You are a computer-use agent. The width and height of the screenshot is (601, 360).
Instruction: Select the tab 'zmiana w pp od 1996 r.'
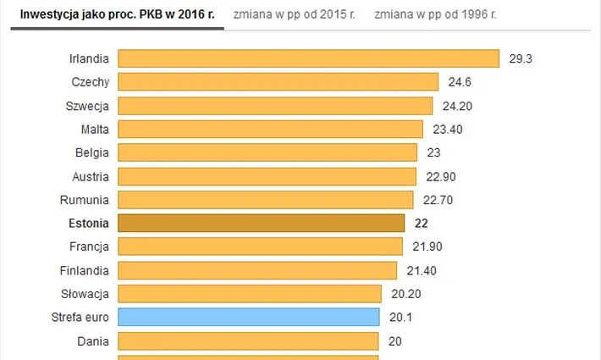point(436,14)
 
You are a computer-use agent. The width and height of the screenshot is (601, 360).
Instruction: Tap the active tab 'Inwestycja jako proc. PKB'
point(117,14)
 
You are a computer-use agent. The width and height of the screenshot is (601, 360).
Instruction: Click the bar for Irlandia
point(308,58)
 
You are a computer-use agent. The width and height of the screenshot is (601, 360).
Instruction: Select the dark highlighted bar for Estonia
point(261,223)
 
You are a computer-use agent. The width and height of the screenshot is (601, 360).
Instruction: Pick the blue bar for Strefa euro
point(248,318)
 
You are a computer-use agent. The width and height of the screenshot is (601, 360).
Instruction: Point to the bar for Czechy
point(278,82)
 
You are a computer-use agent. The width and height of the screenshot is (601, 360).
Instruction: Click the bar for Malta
point(270,129)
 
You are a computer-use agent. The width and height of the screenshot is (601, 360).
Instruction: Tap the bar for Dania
point(247,341)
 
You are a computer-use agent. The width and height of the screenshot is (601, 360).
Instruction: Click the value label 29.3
point(520,58)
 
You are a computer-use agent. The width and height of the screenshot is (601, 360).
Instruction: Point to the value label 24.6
point(460,82)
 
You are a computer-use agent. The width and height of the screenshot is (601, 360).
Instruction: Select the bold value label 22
point(420,223)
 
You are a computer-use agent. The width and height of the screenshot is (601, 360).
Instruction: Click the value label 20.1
point(401,318)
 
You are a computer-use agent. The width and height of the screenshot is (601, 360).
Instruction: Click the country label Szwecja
point(87,106)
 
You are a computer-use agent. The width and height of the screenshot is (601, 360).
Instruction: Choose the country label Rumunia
point(85,200)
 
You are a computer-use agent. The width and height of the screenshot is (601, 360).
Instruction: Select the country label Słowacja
point(85,294)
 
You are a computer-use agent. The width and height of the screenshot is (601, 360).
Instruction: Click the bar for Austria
point(267,176)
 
